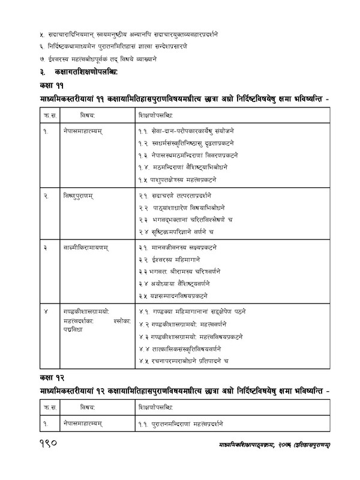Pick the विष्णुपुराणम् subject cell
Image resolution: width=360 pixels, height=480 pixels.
[82, 196]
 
